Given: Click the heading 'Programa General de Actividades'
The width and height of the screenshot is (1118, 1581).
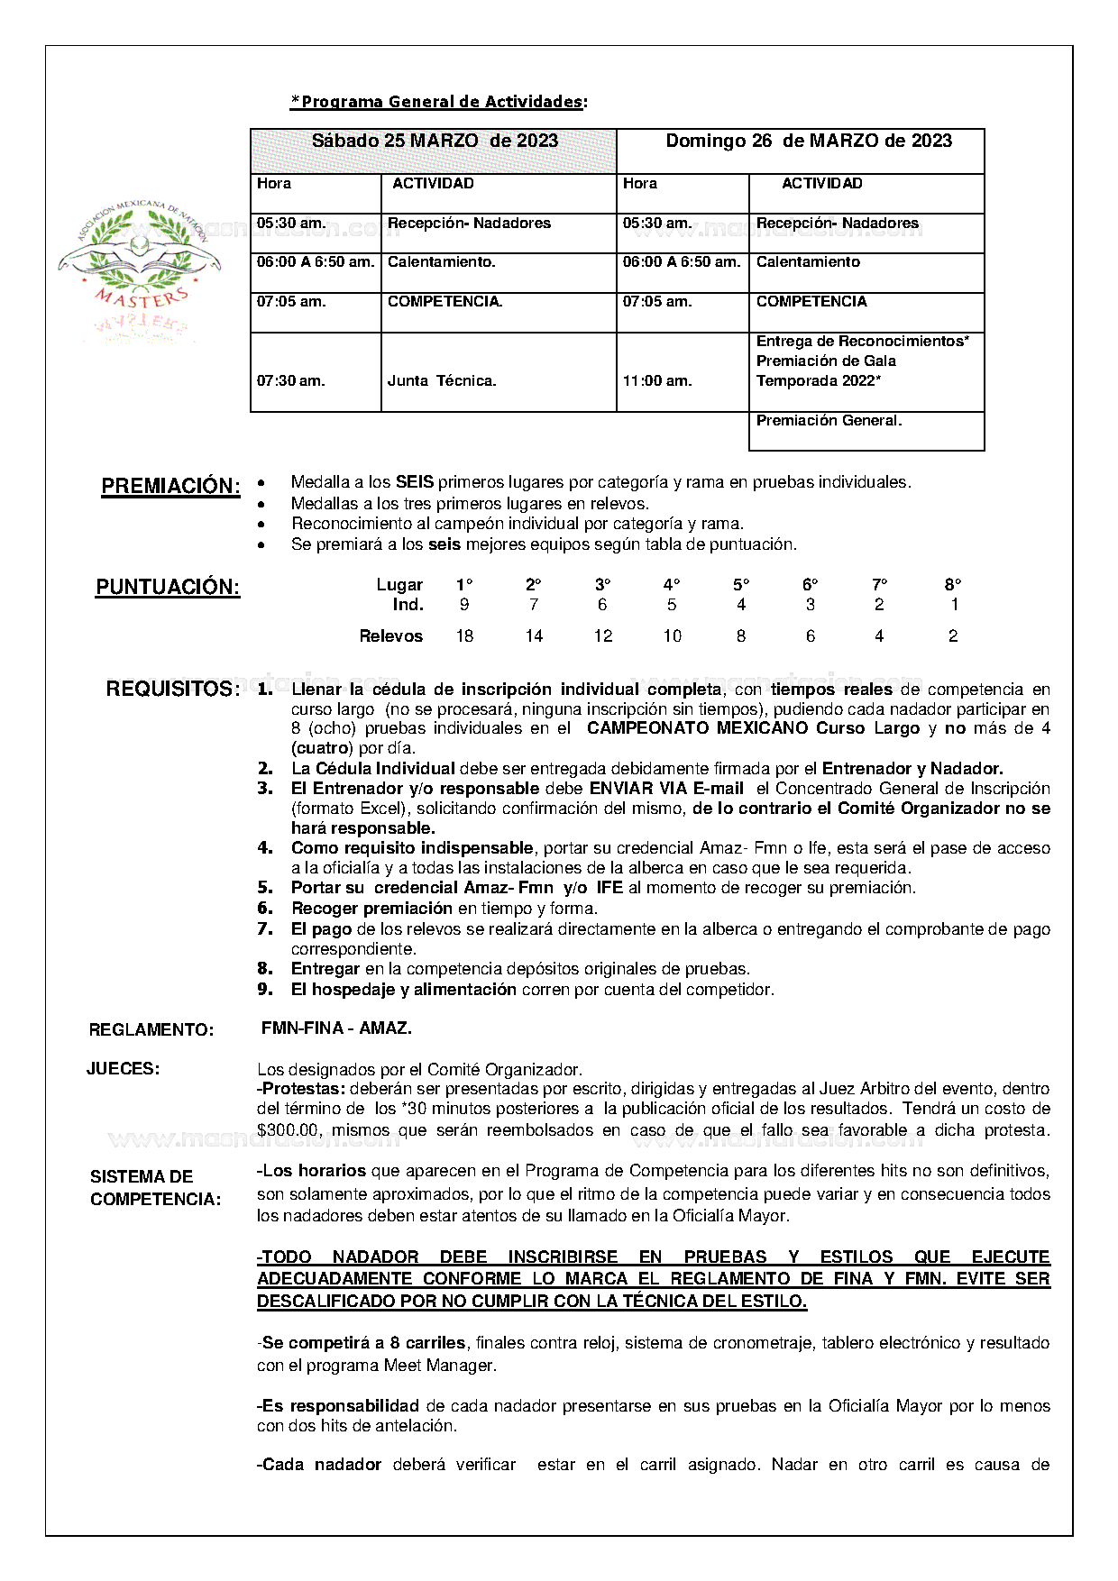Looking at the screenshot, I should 438,102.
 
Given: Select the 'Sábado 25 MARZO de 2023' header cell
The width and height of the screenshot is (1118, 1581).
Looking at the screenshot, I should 434,142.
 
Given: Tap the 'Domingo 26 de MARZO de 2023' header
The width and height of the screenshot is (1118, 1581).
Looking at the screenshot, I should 808,141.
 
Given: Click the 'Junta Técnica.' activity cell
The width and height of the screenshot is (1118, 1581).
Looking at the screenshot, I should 442,381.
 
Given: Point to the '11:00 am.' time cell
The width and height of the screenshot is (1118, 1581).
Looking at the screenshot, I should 657,381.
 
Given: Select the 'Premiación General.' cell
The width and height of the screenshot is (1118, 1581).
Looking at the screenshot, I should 829,421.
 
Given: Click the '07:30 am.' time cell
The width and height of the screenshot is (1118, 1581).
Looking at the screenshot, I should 290,381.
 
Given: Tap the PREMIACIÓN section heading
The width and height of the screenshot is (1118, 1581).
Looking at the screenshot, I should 170,487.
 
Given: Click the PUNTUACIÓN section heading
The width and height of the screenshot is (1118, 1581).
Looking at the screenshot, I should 168,588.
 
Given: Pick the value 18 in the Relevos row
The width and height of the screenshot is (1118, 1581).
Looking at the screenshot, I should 464,636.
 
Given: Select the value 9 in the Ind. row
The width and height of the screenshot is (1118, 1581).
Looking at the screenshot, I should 464,605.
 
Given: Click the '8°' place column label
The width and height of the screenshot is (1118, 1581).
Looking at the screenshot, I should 953,585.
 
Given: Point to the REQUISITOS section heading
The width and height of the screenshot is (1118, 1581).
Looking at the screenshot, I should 172,690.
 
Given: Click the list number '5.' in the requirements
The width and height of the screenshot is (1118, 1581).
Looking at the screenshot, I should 265,888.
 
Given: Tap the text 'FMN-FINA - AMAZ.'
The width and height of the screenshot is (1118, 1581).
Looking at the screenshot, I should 336,1028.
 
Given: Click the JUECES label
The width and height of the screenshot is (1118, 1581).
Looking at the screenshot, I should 124,1069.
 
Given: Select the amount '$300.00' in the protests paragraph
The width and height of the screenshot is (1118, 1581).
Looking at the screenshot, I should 285,1130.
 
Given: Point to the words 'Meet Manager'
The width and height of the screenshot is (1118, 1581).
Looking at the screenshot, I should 439,1366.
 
